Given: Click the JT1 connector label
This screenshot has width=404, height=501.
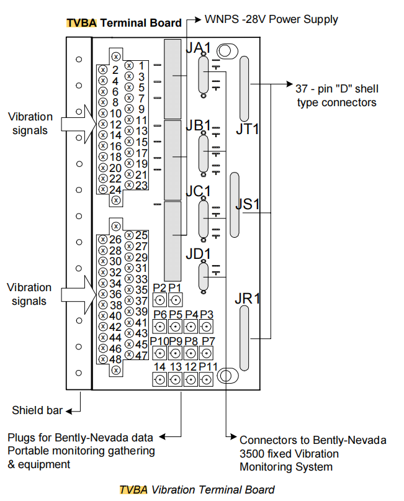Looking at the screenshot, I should click(247, 129).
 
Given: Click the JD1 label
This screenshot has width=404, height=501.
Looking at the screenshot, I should click(199, 253).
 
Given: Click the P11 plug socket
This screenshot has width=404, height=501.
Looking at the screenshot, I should click(207, 379).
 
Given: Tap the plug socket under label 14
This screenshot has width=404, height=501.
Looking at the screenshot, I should click(159, 379).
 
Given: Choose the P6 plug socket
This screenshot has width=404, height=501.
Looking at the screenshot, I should click(159, 327).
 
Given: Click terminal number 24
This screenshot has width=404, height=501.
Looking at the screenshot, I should click(115, 189).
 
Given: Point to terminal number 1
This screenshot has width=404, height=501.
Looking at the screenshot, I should click(141, 65).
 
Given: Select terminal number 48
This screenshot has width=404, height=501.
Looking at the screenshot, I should click(115, 359).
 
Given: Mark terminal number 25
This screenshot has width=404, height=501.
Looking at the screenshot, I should click(141, 235).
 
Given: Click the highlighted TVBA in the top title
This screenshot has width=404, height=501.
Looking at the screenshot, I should click(81, 22).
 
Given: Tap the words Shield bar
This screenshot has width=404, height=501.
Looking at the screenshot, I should click(37, 410).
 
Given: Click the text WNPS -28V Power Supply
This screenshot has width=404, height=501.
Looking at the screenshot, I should click(271, 19).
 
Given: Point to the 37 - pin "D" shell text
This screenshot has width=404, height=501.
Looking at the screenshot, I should click(337, 89).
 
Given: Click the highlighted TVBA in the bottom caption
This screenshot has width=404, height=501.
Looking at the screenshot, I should click(133, 489).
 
